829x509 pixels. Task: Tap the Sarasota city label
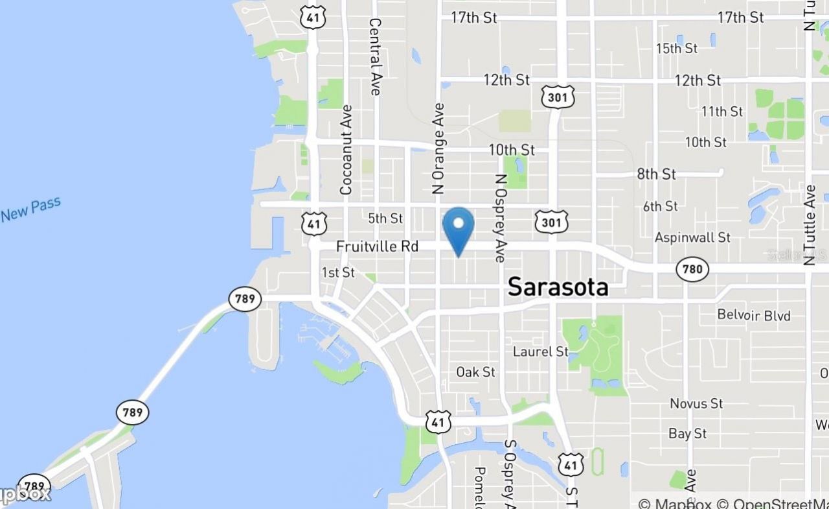pyautogui.click(x=558, y=287)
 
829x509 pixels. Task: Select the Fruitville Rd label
pyautogui.click(x=377, y=246)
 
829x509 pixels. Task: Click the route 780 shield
pyautogui.click(x=692, y=268)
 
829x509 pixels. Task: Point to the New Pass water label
pyautogui.click(x=30, y=209)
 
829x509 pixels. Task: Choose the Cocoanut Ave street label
pyautogui.click(x=346, y=150)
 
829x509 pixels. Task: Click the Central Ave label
pyautogui.click(x=375, y=56)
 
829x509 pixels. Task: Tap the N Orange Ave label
pyautogui.click(x=439, y=148)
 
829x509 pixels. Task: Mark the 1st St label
pyautogui.click(x=338, y=272)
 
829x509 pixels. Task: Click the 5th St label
pyautogui.click(x=385, y=219)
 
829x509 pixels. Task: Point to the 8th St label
pyautogui.click(x=656, y=174)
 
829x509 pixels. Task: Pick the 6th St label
pyautogui.click(x=660, y=206)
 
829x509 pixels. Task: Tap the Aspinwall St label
pyautogui.click(x=692, y=237)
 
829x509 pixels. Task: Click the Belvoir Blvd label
pyautogui.click(x=754, y=316)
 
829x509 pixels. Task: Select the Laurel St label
pyautogui.click(x=540, y=351)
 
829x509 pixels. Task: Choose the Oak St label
pyautogui.click(x=475, y=372)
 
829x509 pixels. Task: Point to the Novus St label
pyautogui.click(x=696, y=403)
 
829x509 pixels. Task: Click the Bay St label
pyautogui.click(x=688, y=434)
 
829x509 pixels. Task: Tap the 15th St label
pyautogui.click(x=676, y=49)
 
